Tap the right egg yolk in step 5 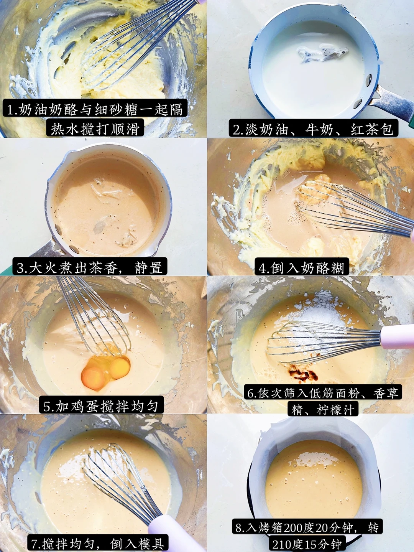120,368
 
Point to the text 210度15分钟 307,544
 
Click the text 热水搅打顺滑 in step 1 95,129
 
